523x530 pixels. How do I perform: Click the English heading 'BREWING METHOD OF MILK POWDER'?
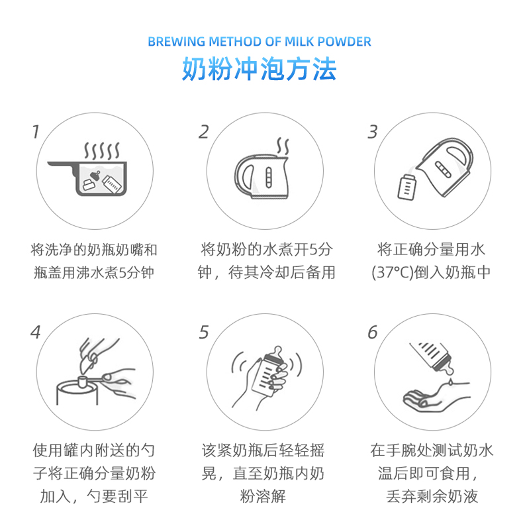click(x=260, y=42)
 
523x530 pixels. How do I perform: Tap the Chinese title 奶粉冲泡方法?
click(x=260, y=69)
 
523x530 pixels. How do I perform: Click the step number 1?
click(x=36, y=132)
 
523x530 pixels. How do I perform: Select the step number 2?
click(x=204, y=132)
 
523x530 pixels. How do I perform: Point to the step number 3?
click(x=373, y=132)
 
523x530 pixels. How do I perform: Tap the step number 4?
click(x=36, y=332)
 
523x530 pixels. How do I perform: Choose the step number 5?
click(x=204, y=332)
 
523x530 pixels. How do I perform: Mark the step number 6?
click(x=373, y=332)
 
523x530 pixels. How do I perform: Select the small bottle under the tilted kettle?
click(x=406, y=187)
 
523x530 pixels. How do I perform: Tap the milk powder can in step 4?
click(x=77, y=392)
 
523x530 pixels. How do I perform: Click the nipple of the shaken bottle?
click(x=277, y=352)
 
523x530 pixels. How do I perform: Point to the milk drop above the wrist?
click(x=450, y=382)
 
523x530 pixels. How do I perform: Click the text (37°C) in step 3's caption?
click(x=393, y=272)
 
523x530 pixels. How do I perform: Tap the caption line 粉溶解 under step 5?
click(x=263, y=496)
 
